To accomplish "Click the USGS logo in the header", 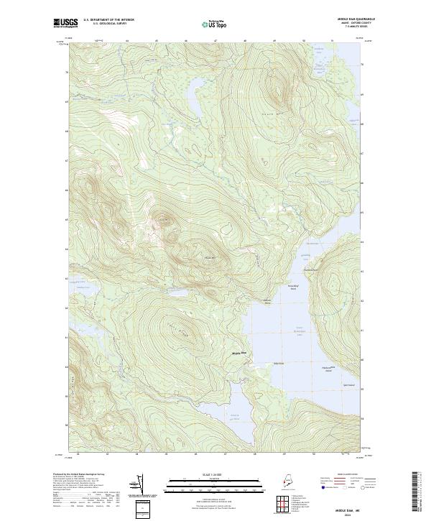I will (64, 23).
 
